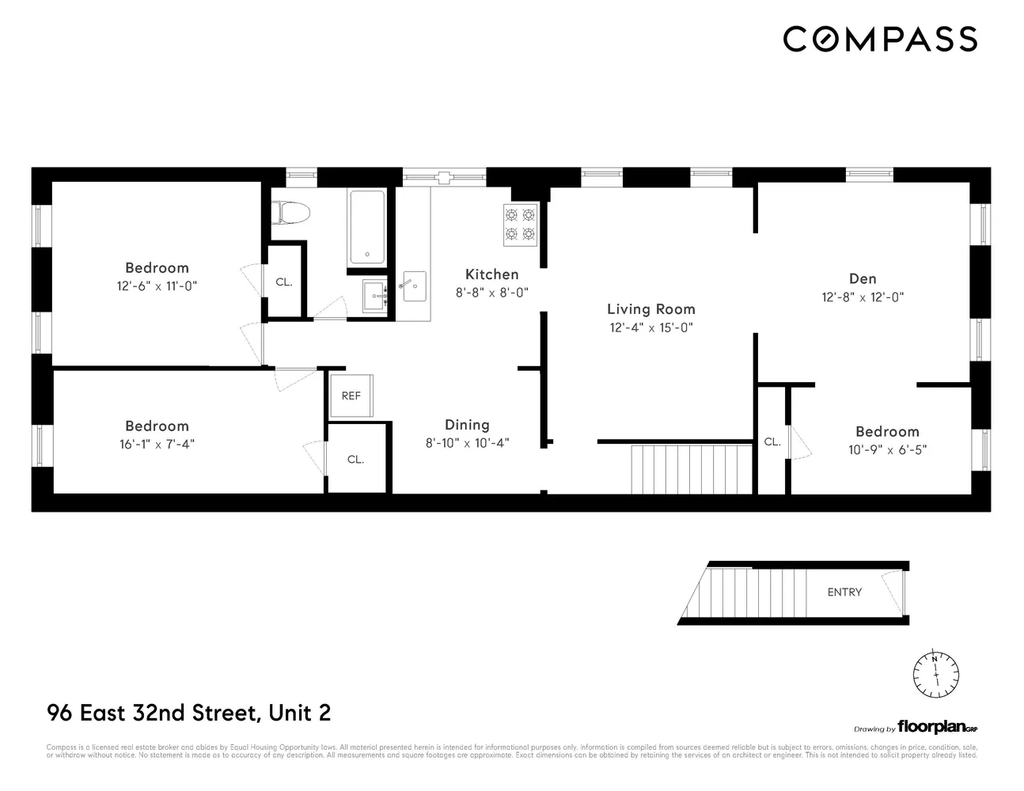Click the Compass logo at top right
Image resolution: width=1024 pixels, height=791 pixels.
tap(880, 39)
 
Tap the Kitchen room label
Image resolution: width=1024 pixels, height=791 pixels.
tap(491, 274)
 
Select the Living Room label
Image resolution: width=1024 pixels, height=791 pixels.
tap(650, 309)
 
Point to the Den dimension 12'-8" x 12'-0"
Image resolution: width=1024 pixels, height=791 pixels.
tap(863, 297)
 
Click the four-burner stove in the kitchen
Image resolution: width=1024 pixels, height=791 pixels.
tap(520, 224)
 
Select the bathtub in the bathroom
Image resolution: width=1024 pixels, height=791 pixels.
tap(367, 226)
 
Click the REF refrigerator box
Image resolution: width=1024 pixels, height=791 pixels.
tap(351, 395)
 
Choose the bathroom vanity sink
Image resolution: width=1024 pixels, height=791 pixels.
tap(374, 296)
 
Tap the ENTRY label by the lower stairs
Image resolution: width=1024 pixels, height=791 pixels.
tap(844, 592)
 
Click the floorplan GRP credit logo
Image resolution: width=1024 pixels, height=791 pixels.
tap(937, 729)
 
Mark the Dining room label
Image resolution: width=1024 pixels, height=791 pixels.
tap(467, 425)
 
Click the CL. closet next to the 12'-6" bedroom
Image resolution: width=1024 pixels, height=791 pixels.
tap(283, 282)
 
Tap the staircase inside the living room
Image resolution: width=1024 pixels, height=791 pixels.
tap(690, 468)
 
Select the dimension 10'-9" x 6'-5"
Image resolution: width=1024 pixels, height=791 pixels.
tap(887, 450)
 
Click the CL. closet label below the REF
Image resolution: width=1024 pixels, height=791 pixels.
tap(355, 459)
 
